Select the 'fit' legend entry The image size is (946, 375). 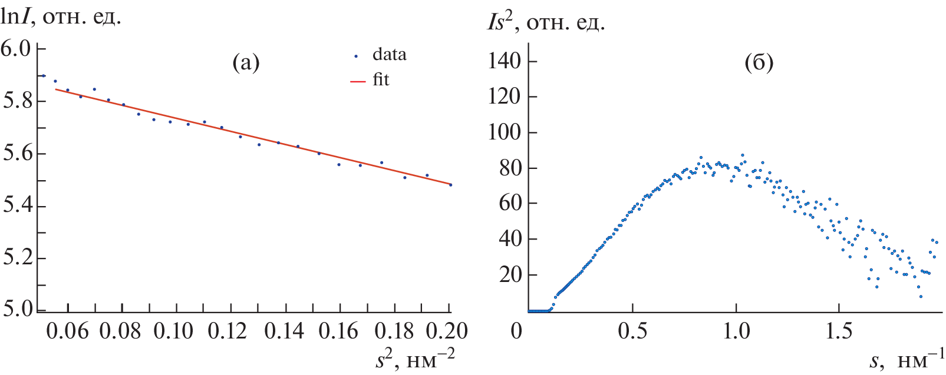click(381, 80)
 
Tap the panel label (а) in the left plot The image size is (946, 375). click(246, 62)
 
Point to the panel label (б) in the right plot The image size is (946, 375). click(759, 62)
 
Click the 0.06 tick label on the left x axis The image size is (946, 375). click(67, 331)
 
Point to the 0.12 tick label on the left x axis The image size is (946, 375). click(228, 331)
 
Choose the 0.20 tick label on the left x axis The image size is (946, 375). click(447, 331)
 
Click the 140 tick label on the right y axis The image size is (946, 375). click(505, 61)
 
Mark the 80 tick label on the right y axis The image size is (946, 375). click(510, 168)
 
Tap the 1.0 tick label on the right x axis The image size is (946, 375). click(736, 331)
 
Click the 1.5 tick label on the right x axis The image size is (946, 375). click(839, 331)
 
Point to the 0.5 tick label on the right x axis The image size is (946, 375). click(632, 331)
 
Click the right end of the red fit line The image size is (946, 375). click(450, 184)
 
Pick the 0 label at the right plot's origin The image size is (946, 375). click(516, 331)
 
